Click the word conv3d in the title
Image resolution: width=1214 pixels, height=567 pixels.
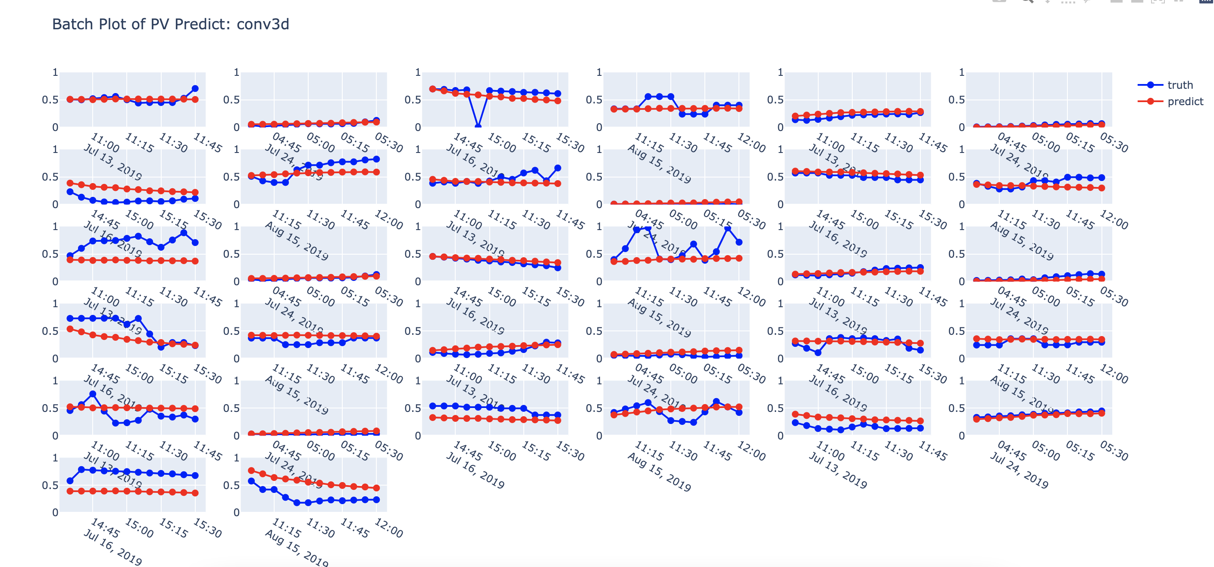pos(263,24)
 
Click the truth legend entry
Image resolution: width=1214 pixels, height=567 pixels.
pos(1180,85)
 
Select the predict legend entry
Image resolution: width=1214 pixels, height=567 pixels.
pos(1185,102)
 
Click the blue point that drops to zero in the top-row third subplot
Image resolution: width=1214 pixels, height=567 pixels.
pos(478,126)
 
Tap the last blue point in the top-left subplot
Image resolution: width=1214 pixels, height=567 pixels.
pos(195,88)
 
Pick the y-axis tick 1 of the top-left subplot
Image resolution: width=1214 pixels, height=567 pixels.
pos(55,72)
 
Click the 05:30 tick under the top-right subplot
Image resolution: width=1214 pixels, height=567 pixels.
pos(1114,142)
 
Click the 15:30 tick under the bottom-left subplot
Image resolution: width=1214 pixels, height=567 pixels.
pos(207,528)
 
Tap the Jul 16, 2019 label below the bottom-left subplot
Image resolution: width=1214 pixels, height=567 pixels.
pos(113,547)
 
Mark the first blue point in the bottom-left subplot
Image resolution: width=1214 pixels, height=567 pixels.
pos(70,481)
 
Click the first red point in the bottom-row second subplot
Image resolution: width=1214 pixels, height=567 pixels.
pos(251,470)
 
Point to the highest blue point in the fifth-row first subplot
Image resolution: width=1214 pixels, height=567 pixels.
pos(93,394)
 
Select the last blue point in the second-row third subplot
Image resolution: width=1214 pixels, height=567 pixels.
pos(557,168)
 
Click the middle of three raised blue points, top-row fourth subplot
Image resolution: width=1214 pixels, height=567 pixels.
pos(659,97)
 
